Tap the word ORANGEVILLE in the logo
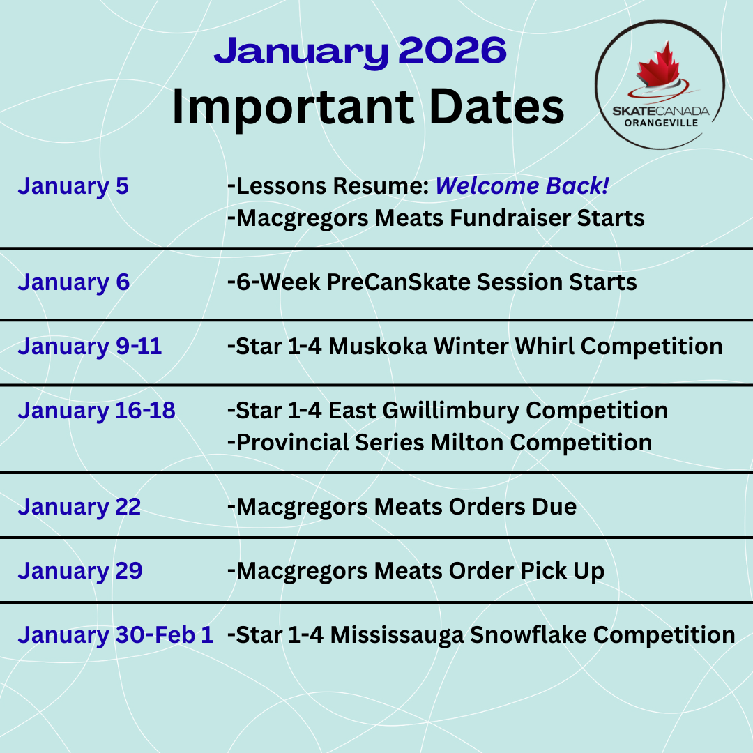661,123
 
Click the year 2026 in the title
452,50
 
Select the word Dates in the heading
496,107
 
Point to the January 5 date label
73,186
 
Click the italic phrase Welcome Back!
522,186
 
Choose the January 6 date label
73,282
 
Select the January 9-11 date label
90,347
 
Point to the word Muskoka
377,347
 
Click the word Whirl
544,347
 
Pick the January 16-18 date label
96,411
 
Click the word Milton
466,442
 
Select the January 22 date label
79,507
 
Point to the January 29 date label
80,570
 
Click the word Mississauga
397,635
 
